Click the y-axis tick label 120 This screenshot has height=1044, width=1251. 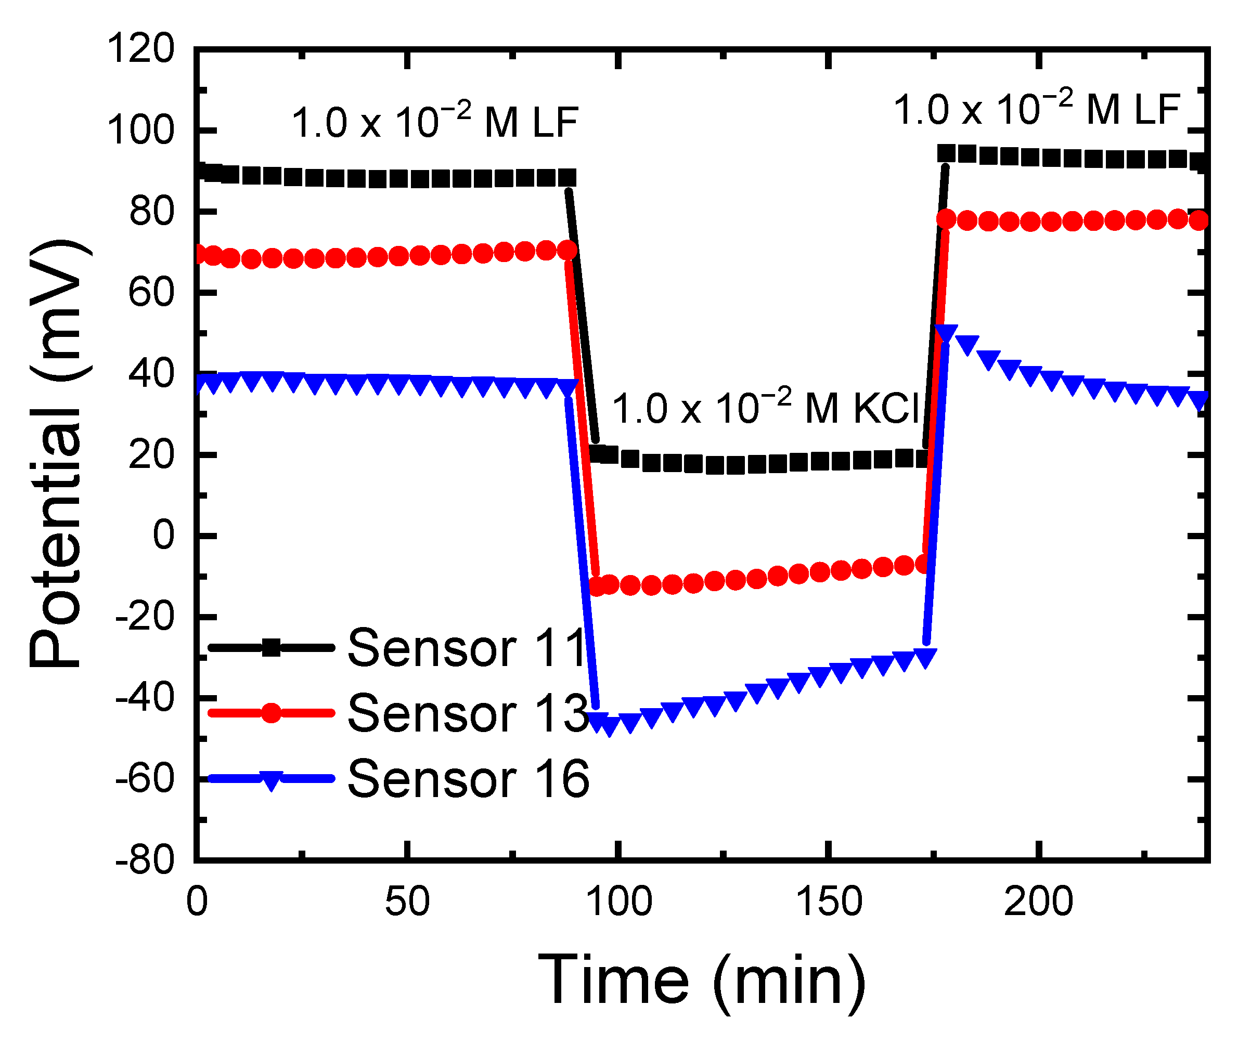[x=140, y=49]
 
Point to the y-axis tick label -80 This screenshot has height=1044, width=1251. [x=145, y=861]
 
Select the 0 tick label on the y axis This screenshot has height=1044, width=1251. [x=164, y=536]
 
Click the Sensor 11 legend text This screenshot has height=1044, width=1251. [x=468, y=648]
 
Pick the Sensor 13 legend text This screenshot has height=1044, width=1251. [x=468, y=714]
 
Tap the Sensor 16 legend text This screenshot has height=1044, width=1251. [x=468, y=779]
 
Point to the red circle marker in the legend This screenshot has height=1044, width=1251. [x=272, y=713]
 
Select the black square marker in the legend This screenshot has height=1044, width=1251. [x=272, y=647]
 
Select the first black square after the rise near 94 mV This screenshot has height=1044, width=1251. [x=947, y=154]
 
